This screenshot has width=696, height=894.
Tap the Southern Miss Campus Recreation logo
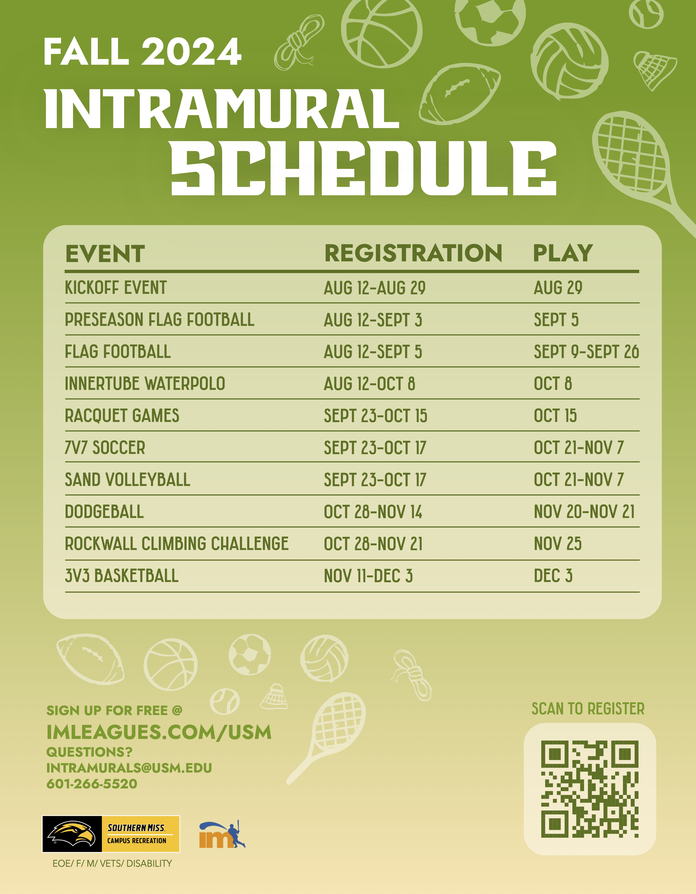(111, 834)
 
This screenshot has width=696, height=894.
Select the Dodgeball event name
(105, 512)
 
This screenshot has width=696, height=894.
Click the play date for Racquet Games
(555, 416)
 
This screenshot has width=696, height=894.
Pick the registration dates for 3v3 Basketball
(368, 576)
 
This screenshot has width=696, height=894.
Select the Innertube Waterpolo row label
(145, 384)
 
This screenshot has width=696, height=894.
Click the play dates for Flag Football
(586, 352)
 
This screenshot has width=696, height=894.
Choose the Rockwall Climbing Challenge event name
(177, 544)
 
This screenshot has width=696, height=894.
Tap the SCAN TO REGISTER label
(588, 708)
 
